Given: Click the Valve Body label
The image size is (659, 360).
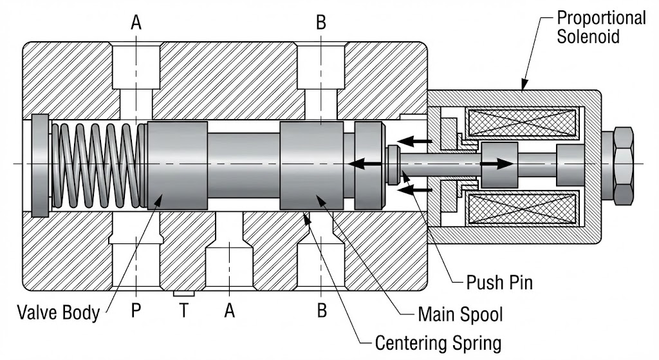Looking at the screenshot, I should point(59,313).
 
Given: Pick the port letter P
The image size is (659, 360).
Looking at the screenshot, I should point(136,312).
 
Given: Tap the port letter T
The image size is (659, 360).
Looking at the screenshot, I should point(183,312).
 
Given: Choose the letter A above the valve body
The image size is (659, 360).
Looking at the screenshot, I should point(136,23).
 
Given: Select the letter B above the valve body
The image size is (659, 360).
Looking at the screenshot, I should point(321,23).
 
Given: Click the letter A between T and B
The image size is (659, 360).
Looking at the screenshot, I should point(229,312).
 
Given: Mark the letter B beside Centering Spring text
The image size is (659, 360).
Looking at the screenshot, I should point(321,312).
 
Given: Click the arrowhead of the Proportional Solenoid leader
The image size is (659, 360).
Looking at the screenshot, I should point(523,86).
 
